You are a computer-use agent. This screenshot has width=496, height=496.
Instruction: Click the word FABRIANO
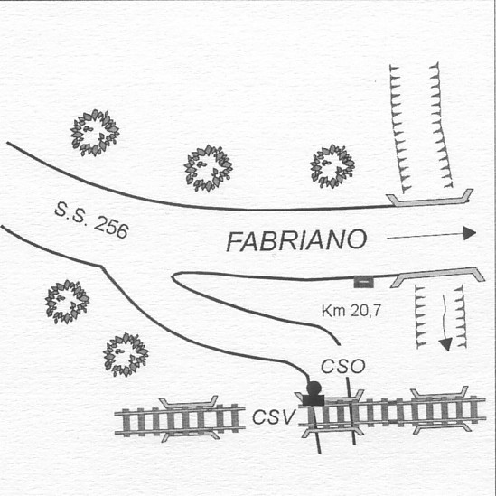click(x=296, y=240)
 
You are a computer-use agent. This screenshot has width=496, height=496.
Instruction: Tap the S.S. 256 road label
click(x=92, y=220)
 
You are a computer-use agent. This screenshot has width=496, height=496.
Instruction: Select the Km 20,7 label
click(x=351, y=311)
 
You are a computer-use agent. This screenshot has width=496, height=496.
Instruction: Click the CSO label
click(x=343, y=367)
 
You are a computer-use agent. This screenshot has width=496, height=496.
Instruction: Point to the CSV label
click(x=275, y=416)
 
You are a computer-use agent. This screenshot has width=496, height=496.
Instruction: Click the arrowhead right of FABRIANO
click(x=470, y=233)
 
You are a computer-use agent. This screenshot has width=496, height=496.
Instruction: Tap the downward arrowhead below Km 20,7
click(x=446, y=344)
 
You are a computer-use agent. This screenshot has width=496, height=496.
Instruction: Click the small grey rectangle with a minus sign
click(x=364, y=282)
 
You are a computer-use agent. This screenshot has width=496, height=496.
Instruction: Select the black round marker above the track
click(x=314, y=388)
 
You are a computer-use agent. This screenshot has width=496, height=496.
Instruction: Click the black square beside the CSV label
click(x=314, y=400)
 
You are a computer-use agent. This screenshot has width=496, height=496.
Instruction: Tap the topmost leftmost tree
click(x=95, y=133)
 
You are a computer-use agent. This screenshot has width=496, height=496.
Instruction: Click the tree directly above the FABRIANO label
click(x=208, y=168)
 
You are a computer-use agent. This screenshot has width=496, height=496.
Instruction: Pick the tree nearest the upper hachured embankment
click(x=332, y=166)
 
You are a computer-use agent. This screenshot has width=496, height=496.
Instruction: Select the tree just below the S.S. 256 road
click(x=67, y=302)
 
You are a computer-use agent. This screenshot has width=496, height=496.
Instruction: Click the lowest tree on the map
click(x=126, y=354)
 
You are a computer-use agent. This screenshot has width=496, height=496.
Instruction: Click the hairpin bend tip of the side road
click(x=173, y=276)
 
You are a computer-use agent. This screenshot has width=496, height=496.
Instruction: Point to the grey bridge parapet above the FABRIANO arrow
click(x=430, y=199)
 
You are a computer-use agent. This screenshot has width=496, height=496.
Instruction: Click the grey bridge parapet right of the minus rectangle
click(x=438, y=276)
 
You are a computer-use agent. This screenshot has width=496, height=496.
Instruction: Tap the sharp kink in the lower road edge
click(x=101, y=267)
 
